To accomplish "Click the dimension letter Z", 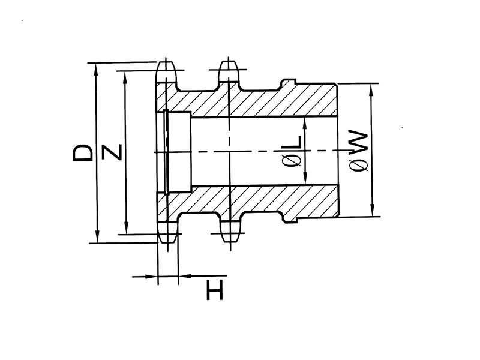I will point(113,152).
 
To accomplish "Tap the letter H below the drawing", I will point(214,292).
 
